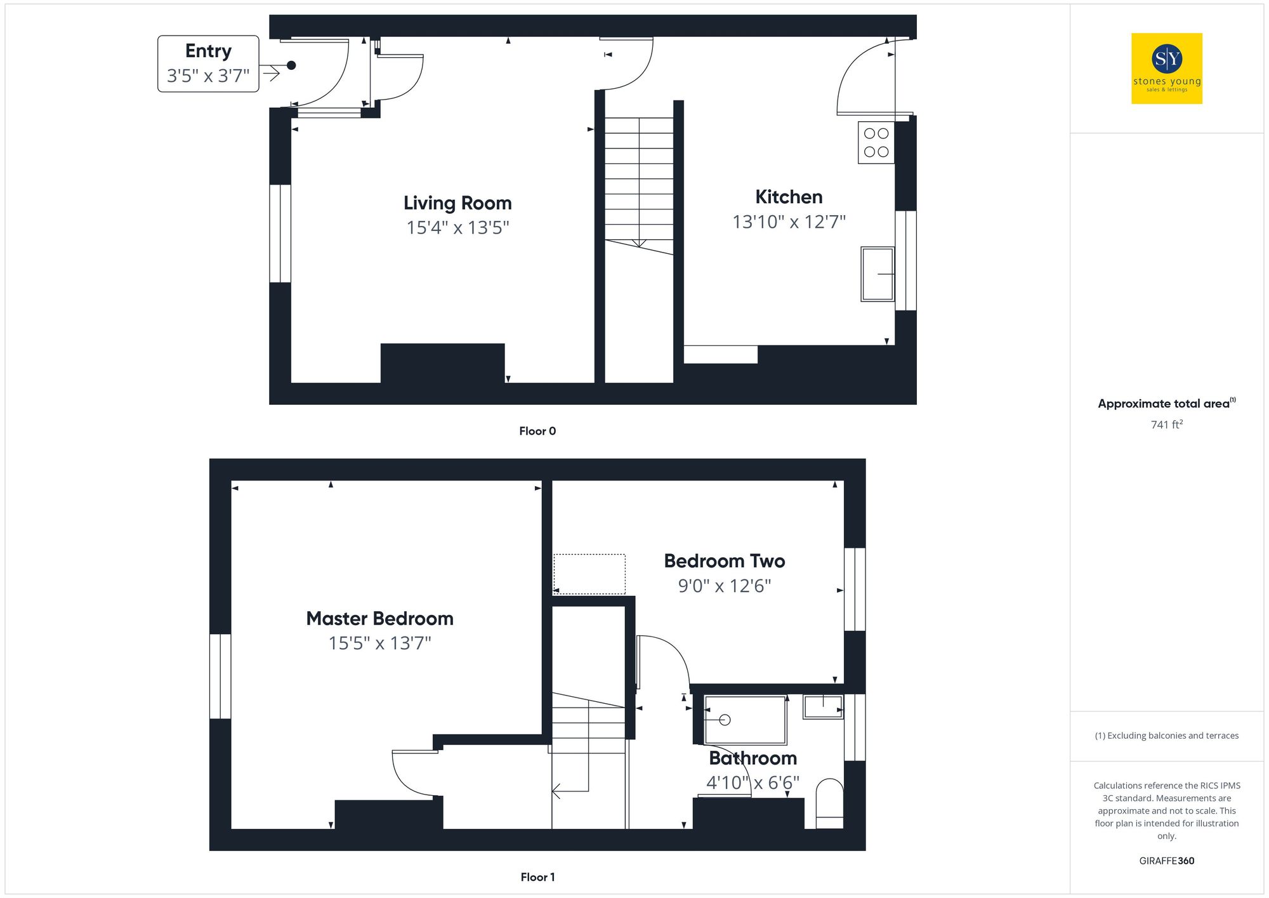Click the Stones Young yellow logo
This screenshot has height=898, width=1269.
click(1166, 69)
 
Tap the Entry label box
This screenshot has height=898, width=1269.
click(208, 63)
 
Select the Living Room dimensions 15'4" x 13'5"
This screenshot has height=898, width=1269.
click(457, 227)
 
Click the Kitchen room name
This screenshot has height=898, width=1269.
click(789, 197)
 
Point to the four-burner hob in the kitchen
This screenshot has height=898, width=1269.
click(876, 143)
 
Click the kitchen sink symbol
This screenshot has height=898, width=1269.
click(877, 274)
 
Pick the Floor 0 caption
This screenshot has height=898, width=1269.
click(537, 431)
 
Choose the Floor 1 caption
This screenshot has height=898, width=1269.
click(537, 877)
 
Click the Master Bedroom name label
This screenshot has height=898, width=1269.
click(379, 618)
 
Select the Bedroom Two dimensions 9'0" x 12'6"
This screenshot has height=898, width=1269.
click(724, 585)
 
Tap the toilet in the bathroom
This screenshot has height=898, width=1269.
click(829, 804)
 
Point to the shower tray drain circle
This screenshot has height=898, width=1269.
click(725, 720)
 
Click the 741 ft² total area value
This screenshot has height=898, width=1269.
click(1166, 425)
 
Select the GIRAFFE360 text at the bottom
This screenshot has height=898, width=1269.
click(1166, 861)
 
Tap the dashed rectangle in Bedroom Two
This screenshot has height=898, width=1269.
click(589, 574)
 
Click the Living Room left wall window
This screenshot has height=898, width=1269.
click(280, 234)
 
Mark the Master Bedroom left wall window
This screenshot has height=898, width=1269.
click(220, 676)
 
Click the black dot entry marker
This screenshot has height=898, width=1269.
click(291, 65)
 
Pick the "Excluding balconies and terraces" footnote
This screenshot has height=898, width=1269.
click(1166, 736)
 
